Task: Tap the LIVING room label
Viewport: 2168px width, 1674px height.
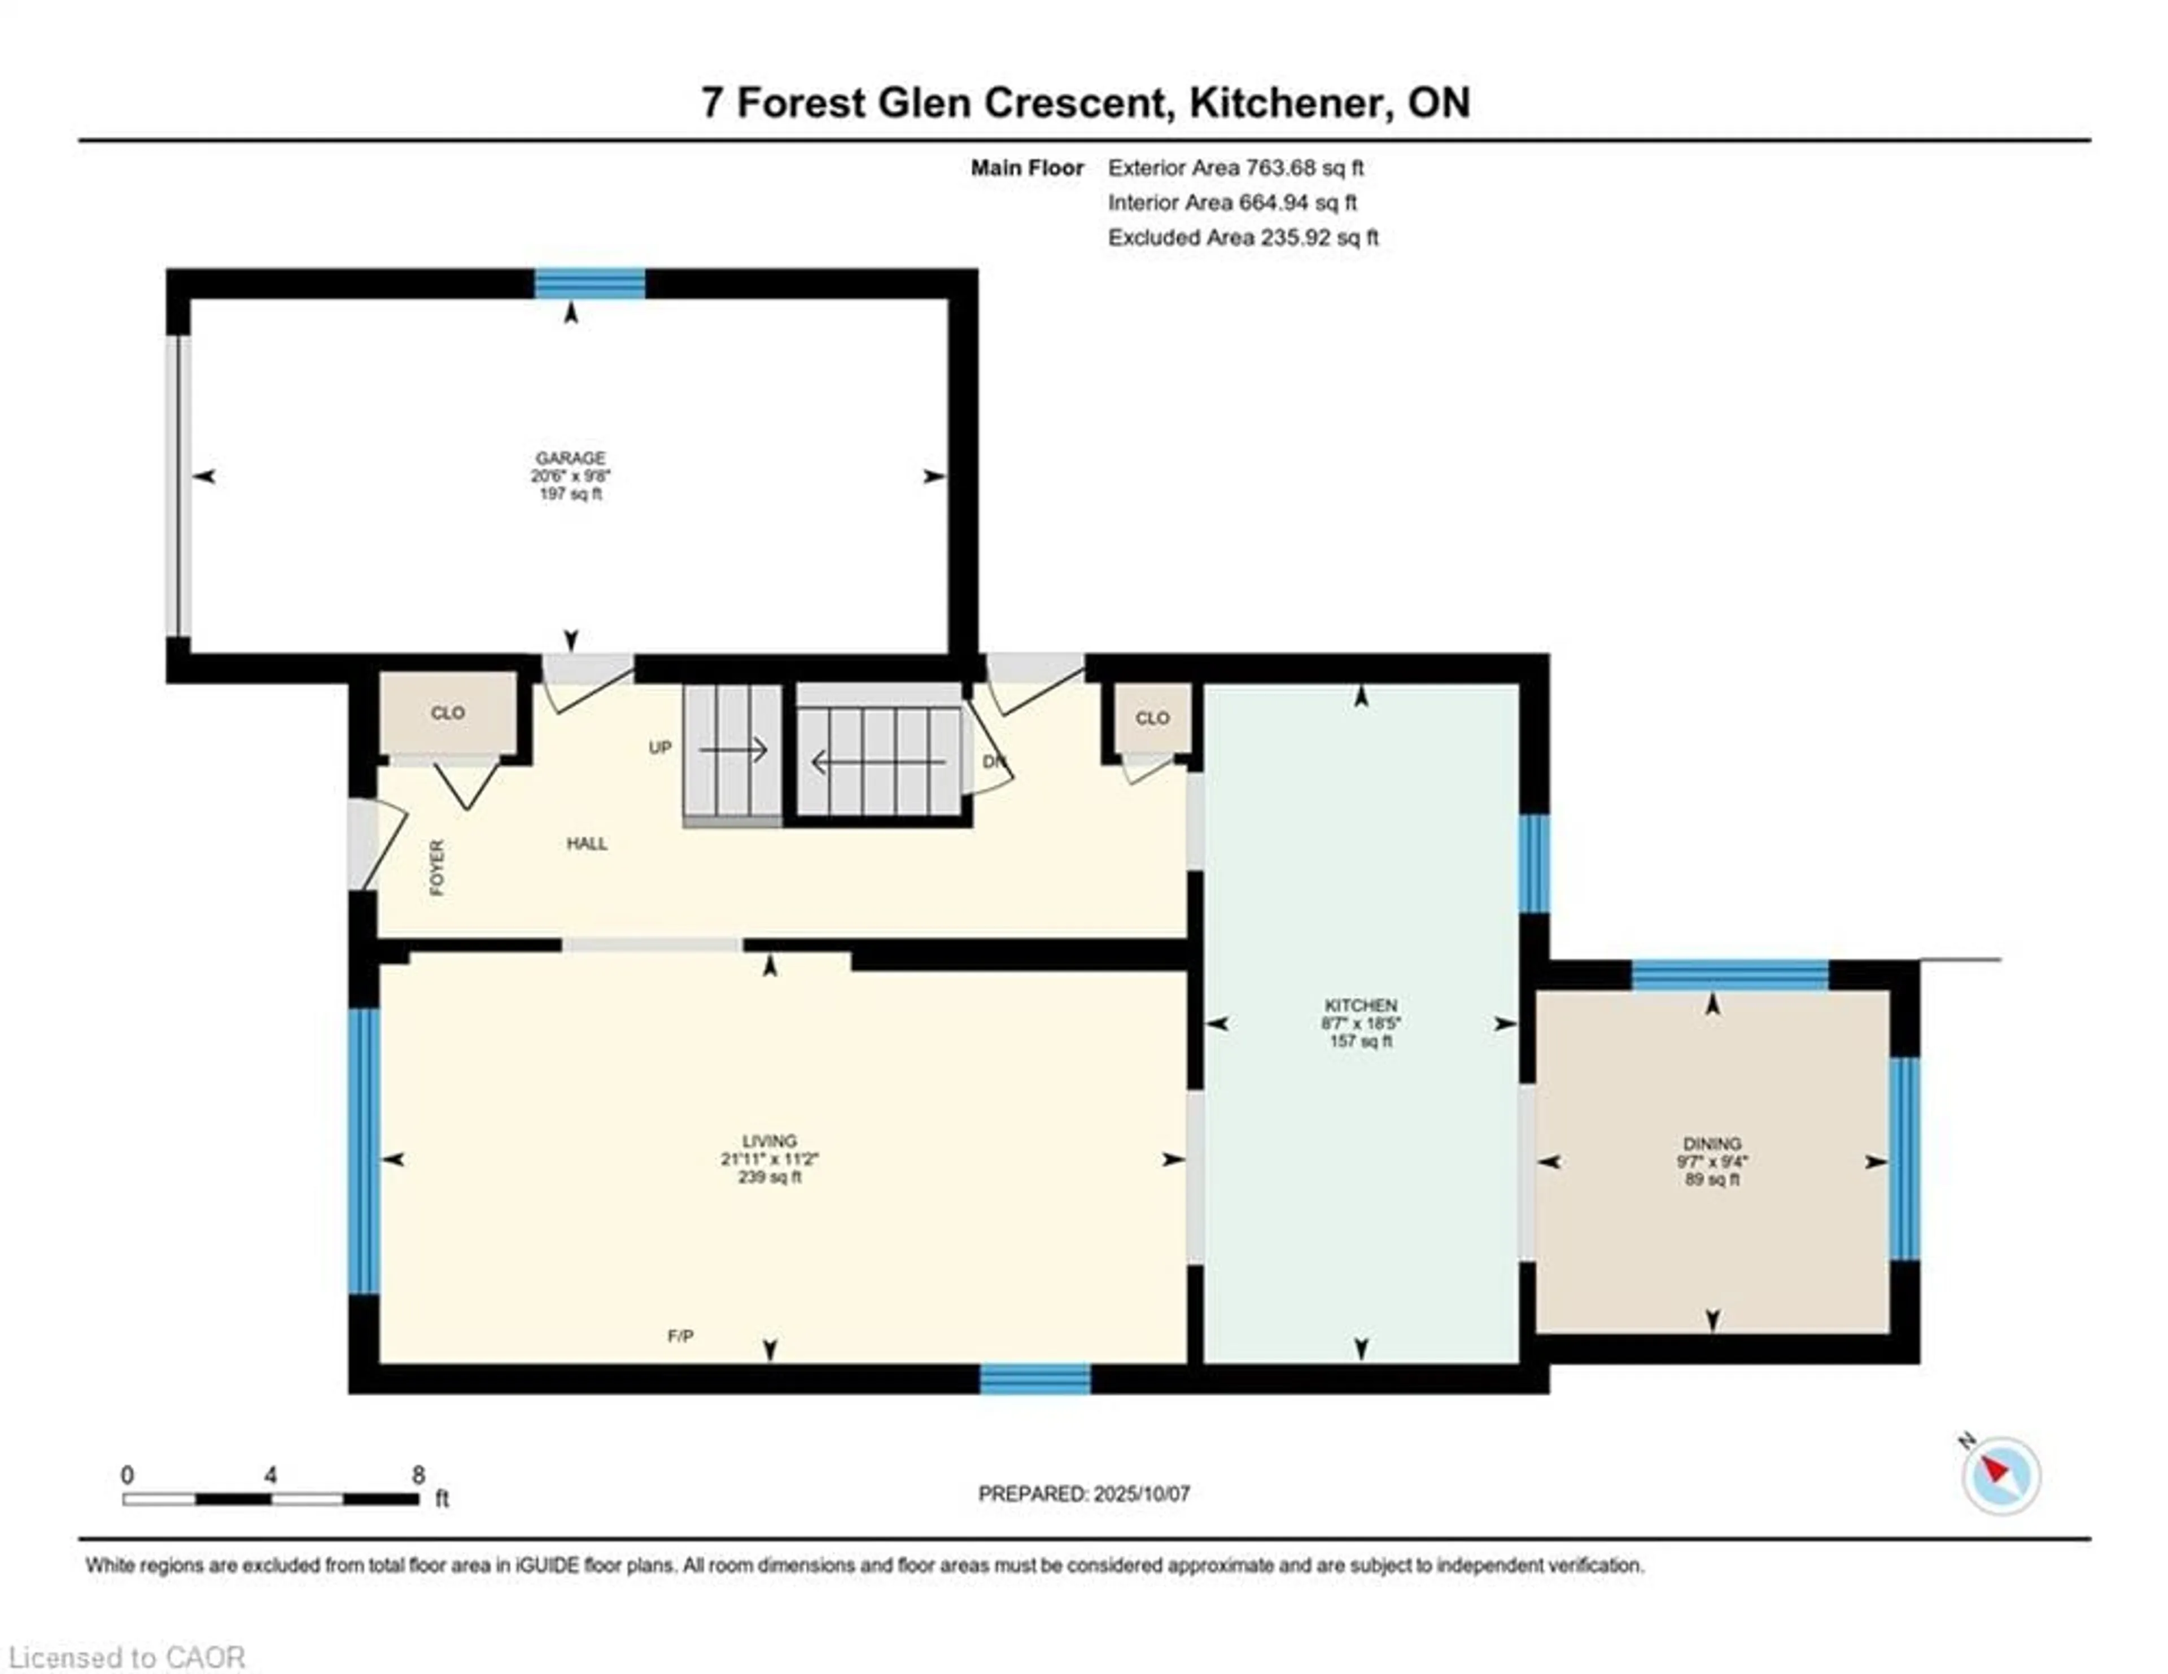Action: click(x=770, y=1141)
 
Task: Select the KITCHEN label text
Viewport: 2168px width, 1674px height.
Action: click(x=1360, y=1005)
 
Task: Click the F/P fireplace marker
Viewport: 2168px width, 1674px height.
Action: click(x=680, y=1336)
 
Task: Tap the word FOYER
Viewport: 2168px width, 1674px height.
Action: click(x=437, y=867)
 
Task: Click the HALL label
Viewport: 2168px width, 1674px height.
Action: click(x=587, y=843)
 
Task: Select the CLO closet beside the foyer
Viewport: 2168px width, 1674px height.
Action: click(x=448, y=713)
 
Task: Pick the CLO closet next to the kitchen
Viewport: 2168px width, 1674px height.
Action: click(x=1152, y=718)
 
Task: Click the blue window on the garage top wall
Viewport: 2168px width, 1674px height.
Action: click(x=589, y=284)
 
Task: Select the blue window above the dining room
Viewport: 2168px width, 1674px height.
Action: click(x=1730, y=975)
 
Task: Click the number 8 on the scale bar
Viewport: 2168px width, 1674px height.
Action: click(x=418, y=1475)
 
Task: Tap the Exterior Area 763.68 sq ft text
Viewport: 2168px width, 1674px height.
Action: click(x=1236, y=168)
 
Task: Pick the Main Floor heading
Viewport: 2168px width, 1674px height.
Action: click(x=1026, y=168)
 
